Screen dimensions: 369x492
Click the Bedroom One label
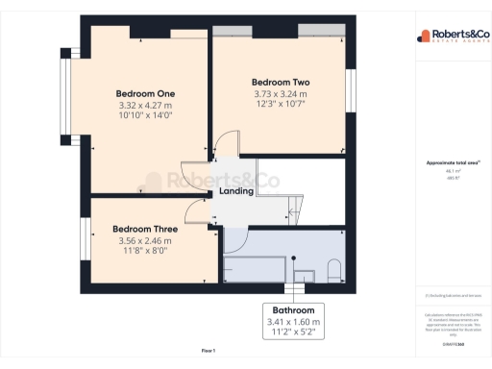point(139,92)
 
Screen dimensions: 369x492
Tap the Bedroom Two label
point(281,82)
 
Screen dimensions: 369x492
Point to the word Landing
point(236,190)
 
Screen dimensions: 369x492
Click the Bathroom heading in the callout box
point(293,311)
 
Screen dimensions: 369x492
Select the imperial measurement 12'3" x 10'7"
point(281,105)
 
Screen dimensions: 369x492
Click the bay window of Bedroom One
point(66,91)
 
